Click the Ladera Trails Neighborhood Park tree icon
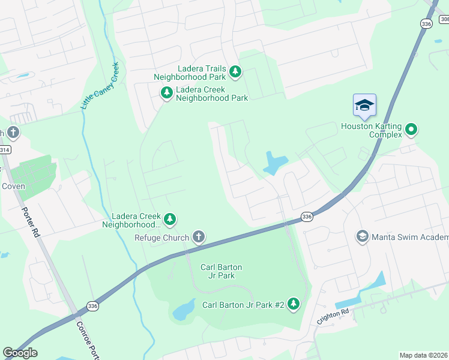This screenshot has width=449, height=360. tap(235, 72)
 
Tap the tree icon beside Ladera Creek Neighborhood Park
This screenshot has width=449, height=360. tap(166, 92)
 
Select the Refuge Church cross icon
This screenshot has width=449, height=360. tap(199, 238)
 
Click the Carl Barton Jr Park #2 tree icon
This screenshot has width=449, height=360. tap(294, 304)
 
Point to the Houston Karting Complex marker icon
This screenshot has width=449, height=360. tap(411, 128)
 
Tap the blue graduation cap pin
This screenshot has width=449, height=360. tap(364, 106)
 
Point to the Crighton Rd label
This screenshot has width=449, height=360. tap(333, 316)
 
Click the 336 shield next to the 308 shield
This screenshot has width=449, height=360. tap(426, 23)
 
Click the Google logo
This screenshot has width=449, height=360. tap(20, 353)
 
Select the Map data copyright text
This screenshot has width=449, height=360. tap(424, 355)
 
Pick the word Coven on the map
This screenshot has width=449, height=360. tap(13, 186)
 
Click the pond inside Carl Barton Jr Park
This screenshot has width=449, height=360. tap(183, 310)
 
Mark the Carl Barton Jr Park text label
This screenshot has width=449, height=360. tap(217, 271)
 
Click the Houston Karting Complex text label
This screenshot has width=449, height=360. tap(371, 130)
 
